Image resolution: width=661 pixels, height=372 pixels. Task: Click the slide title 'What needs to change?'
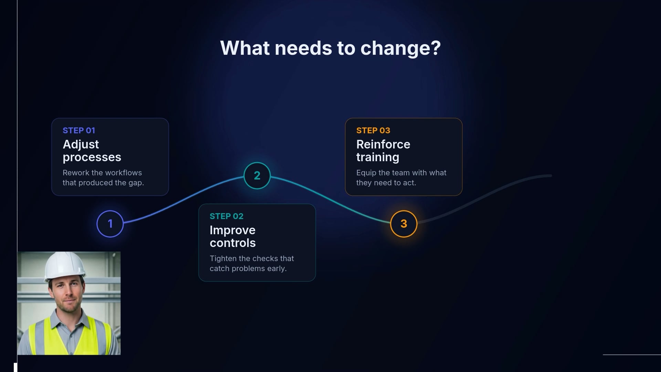[x=330, y=48]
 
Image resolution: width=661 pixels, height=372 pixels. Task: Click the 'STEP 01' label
[x=79, y=131]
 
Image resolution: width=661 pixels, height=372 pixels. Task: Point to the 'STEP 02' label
[x=227, y=216]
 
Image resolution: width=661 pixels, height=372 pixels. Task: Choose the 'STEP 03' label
[x=373, y=131]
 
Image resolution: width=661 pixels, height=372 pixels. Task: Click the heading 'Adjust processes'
[x=92, y=151]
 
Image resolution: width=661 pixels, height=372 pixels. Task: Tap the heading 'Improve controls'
[x=233, y=236]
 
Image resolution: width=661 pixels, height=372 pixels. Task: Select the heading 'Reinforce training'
[x=383, y=151]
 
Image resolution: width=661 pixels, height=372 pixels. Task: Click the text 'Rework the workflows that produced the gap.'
[x=103, y=178]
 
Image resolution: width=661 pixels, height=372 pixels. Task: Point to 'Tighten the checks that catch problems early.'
[x=252, y=263]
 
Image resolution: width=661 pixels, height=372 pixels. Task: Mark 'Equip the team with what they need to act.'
[x=401, y=178]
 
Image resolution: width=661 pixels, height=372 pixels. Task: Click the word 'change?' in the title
[x=400, y=49]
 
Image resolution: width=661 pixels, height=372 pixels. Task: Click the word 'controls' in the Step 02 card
[x=233, y=243]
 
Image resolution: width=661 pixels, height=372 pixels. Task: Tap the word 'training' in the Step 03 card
[x=378, y=157]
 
